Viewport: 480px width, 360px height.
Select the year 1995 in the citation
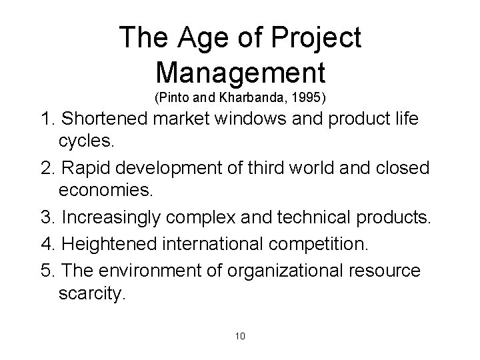click(311, 97)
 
